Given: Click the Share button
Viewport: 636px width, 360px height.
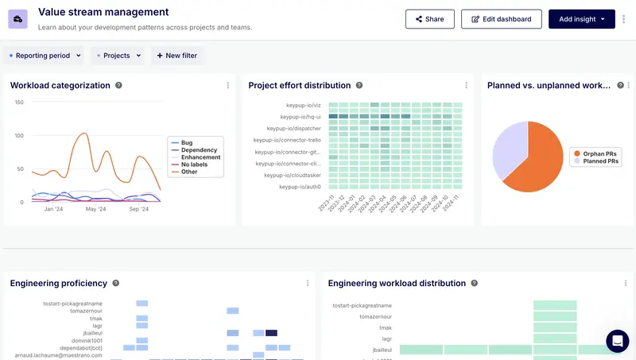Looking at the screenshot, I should [x=429, y=19].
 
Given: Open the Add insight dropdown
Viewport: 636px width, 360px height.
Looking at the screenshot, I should [x=581, y=19].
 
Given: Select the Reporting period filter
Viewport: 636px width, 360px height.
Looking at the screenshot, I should [x=45, y=56].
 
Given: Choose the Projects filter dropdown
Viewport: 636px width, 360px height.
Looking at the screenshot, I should [x=116, y=56].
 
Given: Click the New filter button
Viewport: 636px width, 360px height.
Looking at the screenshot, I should [x=176, y=56].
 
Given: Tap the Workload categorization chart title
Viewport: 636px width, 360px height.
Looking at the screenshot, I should [x=60, y=85].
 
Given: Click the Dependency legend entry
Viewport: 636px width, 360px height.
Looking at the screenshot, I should [x=199, y=150].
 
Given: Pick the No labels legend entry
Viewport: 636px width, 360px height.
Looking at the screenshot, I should [x=195, y=165].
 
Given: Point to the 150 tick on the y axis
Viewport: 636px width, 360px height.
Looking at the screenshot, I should [x=18, y=103].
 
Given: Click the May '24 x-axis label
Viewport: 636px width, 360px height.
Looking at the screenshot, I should [x=95, y=209].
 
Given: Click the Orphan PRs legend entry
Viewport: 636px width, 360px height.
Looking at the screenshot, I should [x=601, y=153].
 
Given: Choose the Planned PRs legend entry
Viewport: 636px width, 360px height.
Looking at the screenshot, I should [x=601, y=161].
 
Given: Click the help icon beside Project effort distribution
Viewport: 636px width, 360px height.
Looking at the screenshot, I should [x=359, y=85].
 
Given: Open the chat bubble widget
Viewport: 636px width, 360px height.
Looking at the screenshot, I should [x=617, y=341].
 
